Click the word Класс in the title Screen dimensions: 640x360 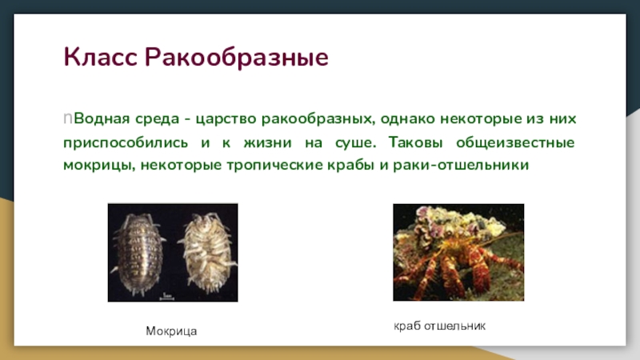(x=100, y=57)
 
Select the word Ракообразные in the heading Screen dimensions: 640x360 (x=236, y=58)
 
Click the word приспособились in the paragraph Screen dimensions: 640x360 (x=126, y=143)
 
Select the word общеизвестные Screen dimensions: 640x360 (x=515, y=142)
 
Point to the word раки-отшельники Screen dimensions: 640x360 (x=461, y=165)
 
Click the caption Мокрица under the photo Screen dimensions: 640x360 (x=171, y=331)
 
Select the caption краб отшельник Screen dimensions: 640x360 (x=439, y=326)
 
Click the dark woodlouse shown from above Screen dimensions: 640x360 (x=138, y=253)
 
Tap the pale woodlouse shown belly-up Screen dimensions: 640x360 (x=207, y=252)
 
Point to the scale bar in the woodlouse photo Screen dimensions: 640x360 (x=166, y=298)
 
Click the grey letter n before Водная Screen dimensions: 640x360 (x=68, y=118)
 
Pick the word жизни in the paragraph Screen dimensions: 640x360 (x=267, y=143)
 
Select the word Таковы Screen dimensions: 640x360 (x=415, y=142)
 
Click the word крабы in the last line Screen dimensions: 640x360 (x=350, y=166)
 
